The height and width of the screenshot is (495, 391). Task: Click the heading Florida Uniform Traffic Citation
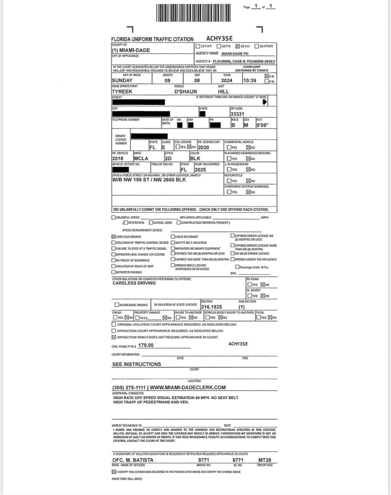click(x=152, y=39)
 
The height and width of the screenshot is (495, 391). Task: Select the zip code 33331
click(x=238, y=113)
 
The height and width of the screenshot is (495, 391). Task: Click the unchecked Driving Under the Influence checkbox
click(x=232, y=259)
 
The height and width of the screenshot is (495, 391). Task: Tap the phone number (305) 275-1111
click(x=128, y=388)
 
